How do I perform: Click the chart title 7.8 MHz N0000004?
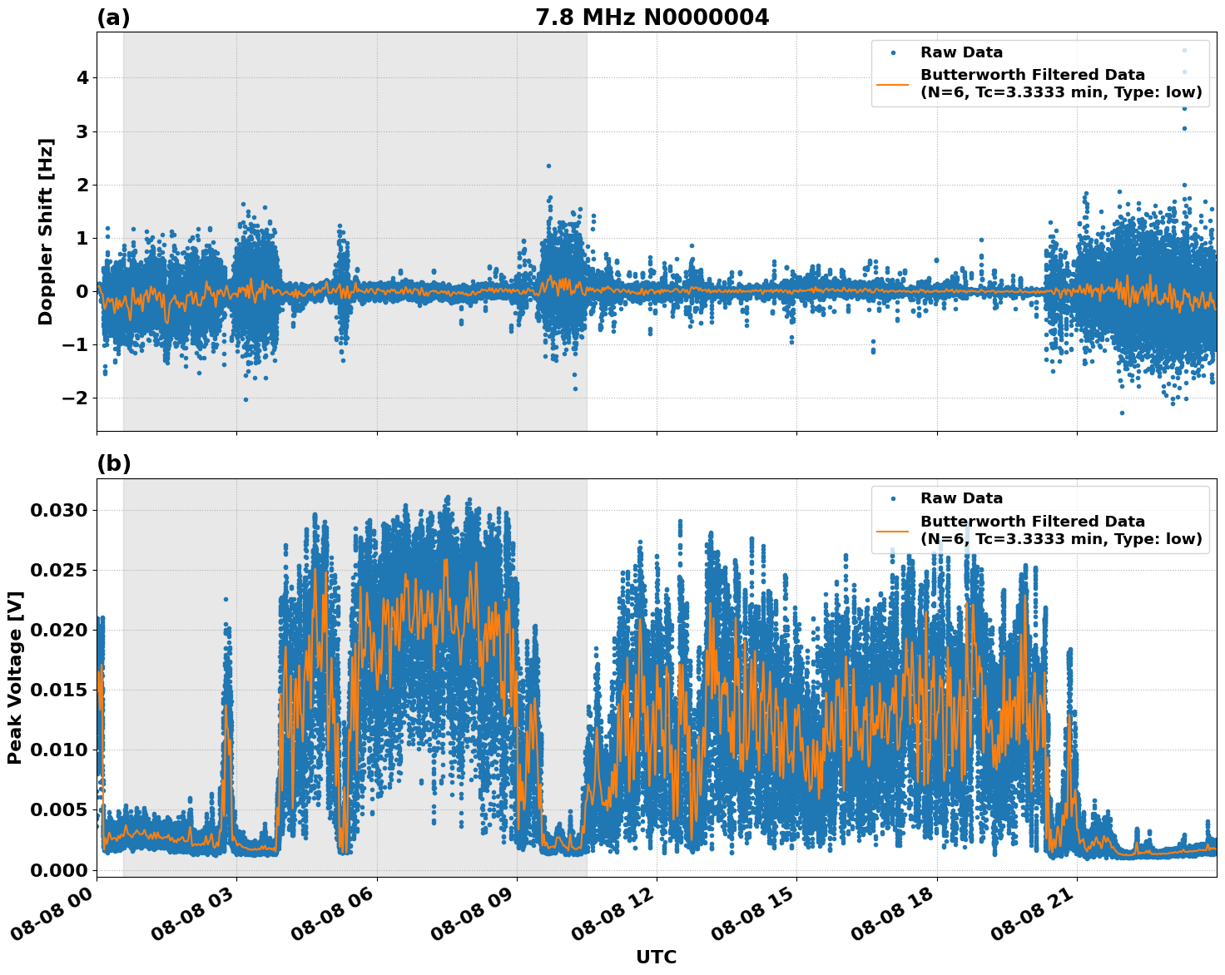click(652, 17)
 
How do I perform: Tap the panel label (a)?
click(113, 17)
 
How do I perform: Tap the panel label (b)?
click(113, 463)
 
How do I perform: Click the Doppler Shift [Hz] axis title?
click(46, 231)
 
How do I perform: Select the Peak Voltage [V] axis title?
click(15, 677)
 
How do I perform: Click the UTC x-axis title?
click(656, 957)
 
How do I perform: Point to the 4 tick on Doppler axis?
click(82, 78)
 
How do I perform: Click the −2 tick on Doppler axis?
click(74, 398)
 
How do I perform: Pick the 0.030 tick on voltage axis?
click(58, 510)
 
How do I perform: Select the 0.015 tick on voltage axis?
click(58, 690)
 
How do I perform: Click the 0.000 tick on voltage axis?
click(58, 869)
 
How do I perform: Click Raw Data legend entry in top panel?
click(961, 52)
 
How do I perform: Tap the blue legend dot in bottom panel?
click(893, 498)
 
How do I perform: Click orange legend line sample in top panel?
click(893, 83)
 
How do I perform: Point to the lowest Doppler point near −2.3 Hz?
click(1122, 413)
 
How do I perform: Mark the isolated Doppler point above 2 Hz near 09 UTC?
click(548, 166)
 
